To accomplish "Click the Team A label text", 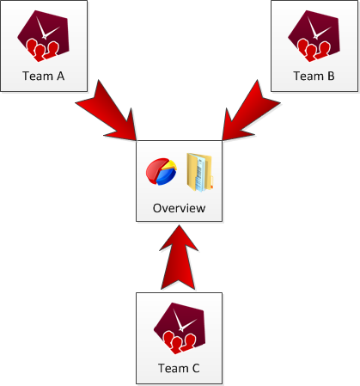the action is (44, 76).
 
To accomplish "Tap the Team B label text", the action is (314, 76).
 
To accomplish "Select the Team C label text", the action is (179, 368).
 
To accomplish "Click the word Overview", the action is (179, 208).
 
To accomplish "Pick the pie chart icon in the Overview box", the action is (162, 171).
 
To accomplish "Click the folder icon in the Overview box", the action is (199, 172).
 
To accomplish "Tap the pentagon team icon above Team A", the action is (44, 36).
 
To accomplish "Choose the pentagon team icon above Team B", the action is (314, 36).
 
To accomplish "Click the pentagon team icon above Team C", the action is (180, 328).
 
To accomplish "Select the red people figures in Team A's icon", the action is (42, 51).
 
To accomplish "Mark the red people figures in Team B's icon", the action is (313, 51).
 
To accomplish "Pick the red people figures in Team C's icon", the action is (179, 343).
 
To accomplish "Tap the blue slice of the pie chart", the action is (166, 176).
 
